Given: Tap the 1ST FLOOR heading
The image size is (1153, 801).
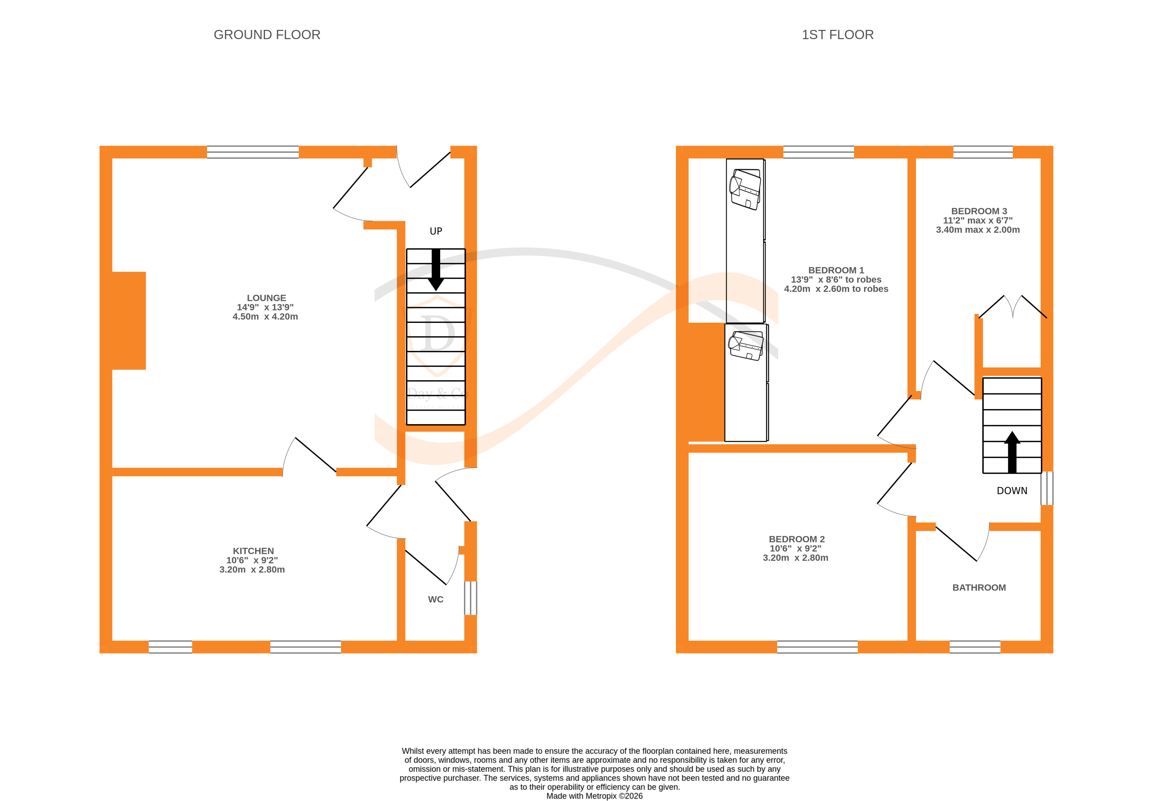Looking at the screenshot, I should click(837, 35).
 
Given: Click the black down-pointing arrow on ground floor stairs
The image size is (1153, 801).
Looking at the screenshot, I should click(436, 270).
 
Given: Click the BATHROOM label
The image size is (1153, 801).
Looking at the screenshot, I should click(978, 587).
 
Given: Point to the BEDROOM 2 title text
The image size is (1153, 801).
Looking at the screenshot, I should click(796, 539).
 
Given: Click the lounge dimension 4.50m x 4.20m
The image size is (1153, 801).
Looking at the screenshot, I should click(265, 317).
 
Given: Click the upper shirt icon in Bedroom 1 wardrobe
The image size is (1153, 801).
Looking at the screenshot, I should click(745, 189).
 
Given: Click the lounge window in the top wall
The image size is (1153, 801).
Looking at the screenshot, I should click(252, 152).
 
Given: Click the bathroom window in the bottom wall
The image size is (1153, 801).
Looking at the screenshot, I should click(974, 647).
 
